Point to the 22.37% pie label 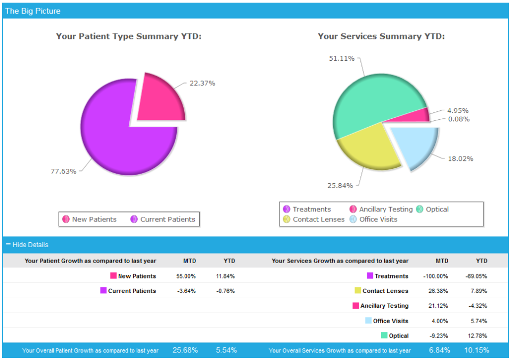[x=202, y=83]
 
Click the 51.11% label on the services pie [x=342, y=58]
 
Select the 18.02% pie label [x=460, y=158]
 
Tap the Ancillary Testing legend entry [x=381, y=209]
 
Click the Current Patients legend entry [x=163, y=219]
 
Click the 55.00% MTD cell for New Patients [x=186, y=276]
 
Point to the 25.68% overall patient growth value [x=185, y=350]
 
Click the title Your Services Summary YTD [x=381, y=36]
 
